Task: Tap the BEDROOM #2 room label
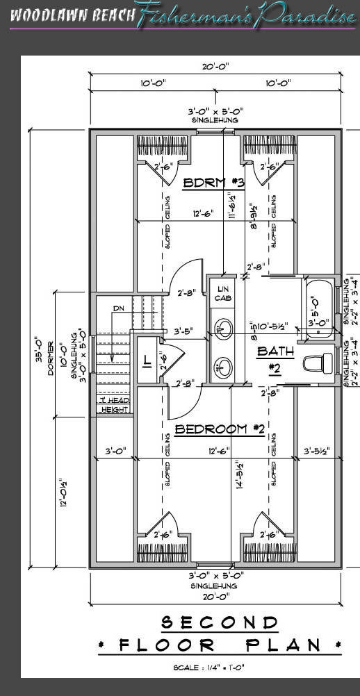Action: [219, 429]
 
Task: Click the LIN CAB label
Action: [223, 294]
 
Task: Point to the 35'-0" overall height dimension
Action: [40, 354]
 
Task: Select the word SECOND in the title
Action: [220, 621]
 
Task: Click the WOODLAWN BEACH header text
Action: [72, 16]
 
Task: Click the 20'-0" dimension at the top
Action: [215, 67]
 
